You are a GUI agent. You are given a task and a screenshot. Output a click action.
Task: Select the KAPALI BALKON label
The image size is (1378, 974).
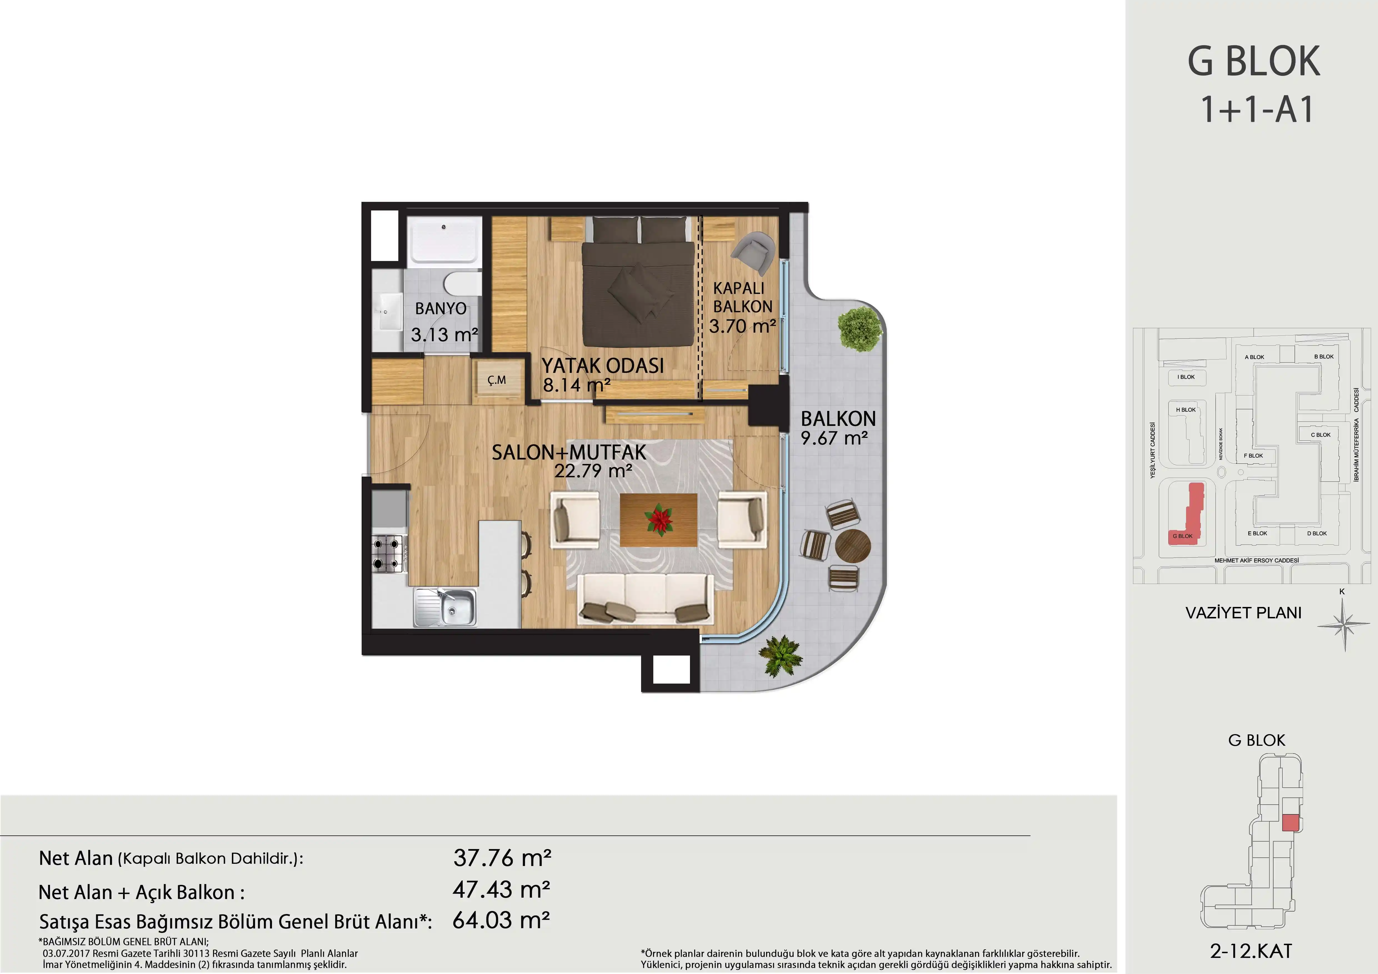click(742, 297)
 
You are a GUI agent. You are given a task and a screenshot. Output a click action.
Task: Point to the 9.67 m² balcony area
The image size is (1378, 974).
click(834, 438)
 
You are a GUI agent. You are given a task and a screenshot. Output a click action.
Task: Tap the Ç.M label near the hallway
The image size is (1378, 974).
click(496, 380)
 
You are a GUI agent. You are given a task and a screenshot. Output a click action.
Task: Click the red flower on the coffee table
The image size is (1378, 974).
click(658, 519)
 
